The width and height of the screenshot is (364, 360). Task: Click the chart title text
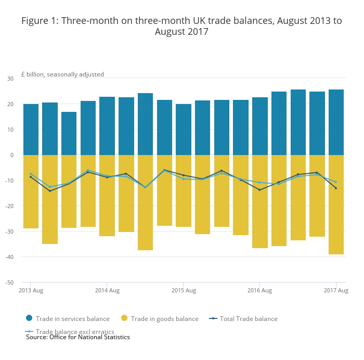181,26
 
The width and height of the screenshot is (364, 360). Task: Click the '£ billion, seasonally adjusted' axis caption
62,74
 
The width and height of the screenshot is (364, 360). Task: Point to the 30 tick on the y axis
10,79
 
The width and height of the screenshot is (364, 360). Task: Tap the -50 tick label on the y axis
9,282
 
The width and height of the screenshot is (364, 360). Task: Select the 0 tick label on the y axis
12,155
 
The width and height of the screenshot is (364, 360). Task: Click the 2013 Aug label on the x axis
31,290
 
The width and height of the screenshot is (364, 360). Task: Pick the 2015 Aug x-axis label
184,290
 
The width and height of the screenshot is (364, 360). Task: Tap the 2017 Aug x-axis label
336,290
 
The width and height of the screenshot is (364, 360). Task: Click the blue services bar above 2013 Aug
31,130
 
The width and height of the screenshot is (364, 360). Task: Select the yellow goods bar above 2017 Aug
336,204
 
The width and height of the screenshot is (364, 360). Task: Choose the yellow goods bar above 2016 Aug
259,201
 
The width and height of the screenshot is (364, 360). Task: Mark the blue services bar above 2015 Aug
184,130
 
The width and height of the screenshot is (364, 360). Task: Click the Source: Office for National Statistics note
78,337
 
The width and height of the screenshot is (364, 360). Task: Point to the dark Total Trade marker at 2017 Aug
336,188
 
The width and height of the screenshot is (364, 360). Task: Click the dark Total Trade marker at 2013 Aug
31,177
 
